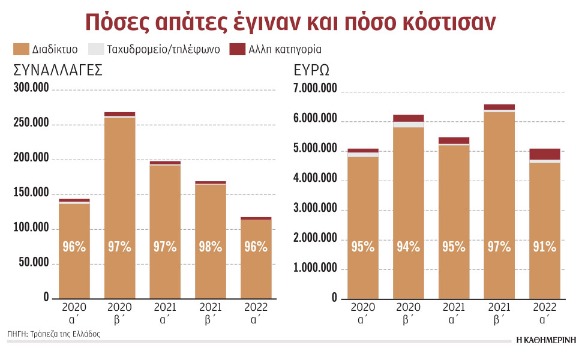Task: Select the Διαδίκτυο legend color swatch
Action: click(21, 49)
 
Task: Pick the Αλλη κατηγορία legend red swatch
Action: click(238, 49)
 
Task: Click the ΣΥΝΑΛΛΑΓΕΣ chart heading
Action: click(58, 70)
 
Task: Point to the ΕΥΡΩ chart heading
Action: click(311, 70)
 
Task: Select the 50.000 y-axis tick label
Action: click(34, 263)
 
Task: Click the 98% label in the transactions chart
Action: click(210, 247)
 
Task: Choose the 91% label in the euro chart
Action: click(545, 247)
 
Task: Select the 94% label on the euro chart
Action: click(408, 247)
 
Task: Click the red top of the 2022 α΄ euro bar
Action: click(545, 154)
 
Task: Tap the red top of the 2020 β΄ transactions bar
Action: click(119, 114)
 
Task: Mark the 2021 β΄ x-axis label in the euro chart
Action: click(499, 313)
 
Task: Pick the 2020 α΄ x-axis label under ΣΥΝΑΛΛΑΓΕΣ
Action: click(74, 313)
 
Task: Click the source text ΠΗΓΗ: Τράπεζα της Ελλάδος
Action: click(54, 334)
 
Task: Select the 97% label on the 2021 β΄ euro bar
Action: click(499, 247)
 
